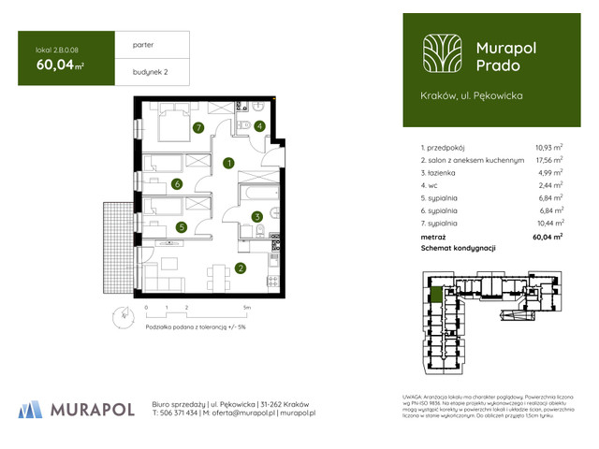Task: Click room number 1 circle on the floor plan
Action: pyautogui.click(x=228, y=163)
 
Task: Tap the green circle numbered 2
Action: pyautogui.click(x=241, y=270)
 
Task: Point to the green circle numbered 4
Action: pyautogui.click(x=259, y=126)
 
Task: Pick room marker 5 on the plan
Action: pyautogui.click(x=182, y=226)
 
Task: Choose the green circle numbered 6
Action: pyautogui.click(x=177, y=184)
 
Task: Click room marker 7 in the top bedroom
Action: pyautogui.click(x=197, y=128)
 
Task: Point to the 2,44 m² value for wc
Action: pyautogui.click(x=549, y=185)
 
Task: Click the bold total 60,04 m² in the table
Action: pyautogui.click(x=547, y=238)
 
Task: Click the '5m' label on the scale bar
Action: pyautogui.click(x=246, y=307)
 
